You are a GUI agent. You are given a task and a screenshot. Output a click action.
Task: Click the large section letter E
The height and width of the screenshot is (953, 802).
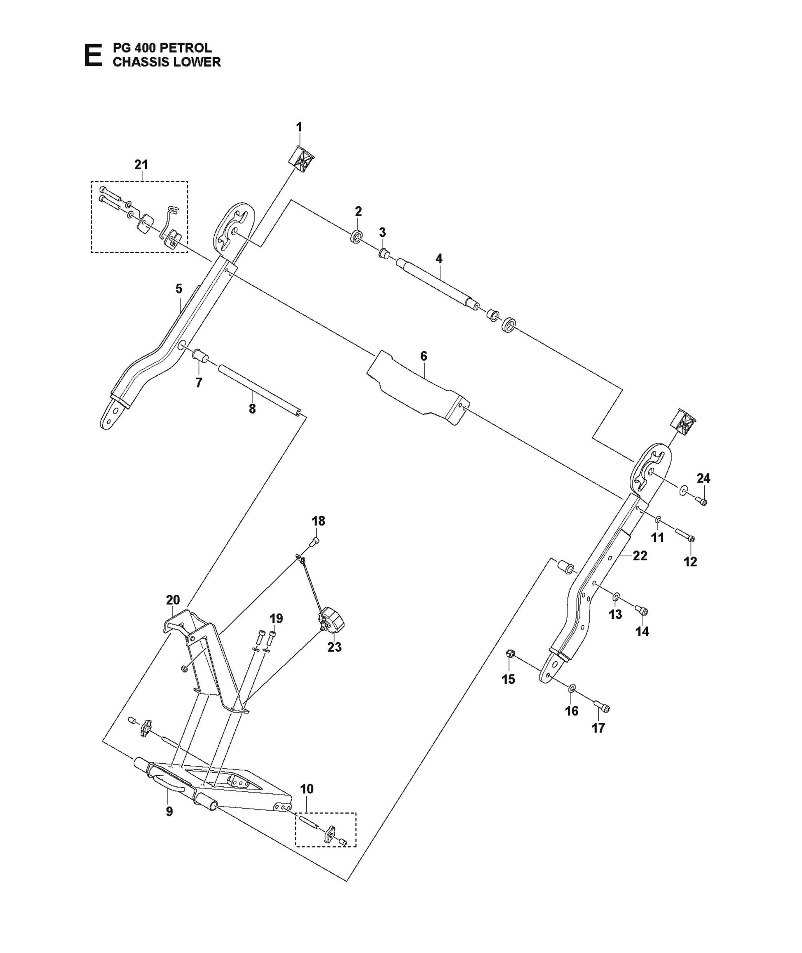coord(93,56)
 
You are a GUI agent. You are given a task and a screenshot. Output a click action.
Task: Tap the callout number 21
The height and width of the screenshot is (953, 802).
coord(141,165)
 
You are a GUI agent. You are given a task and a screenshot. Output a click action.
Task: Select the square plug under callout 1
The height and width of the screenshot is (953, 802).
coord(301,160)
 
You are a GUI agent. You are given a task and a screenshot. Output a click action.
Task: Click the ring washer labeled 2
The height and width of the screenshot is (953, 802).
coord(357,237)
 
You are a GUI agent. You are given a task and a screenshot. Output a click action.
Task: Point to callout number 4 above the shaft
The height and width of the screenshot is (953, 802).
coord(439,259)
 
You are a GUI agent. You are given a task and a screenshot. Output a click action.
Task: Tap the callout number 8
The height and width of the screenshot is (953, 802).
coord(252,409)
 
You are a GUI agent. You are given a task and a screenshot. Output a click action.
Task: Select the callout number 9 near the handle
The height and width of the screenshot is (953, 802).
coord(169,812)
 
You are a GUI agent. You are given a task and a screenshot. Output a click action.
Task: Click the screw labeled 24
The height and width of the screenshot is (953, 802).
coord(702,501)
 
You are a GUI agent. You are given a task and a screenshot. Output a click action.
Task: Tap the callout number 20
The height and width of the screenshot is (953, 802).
coord(173,600)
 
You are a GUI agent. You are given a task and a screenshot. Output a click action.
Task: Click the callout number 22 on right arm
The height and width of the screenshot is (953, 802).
coord(640,555)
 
